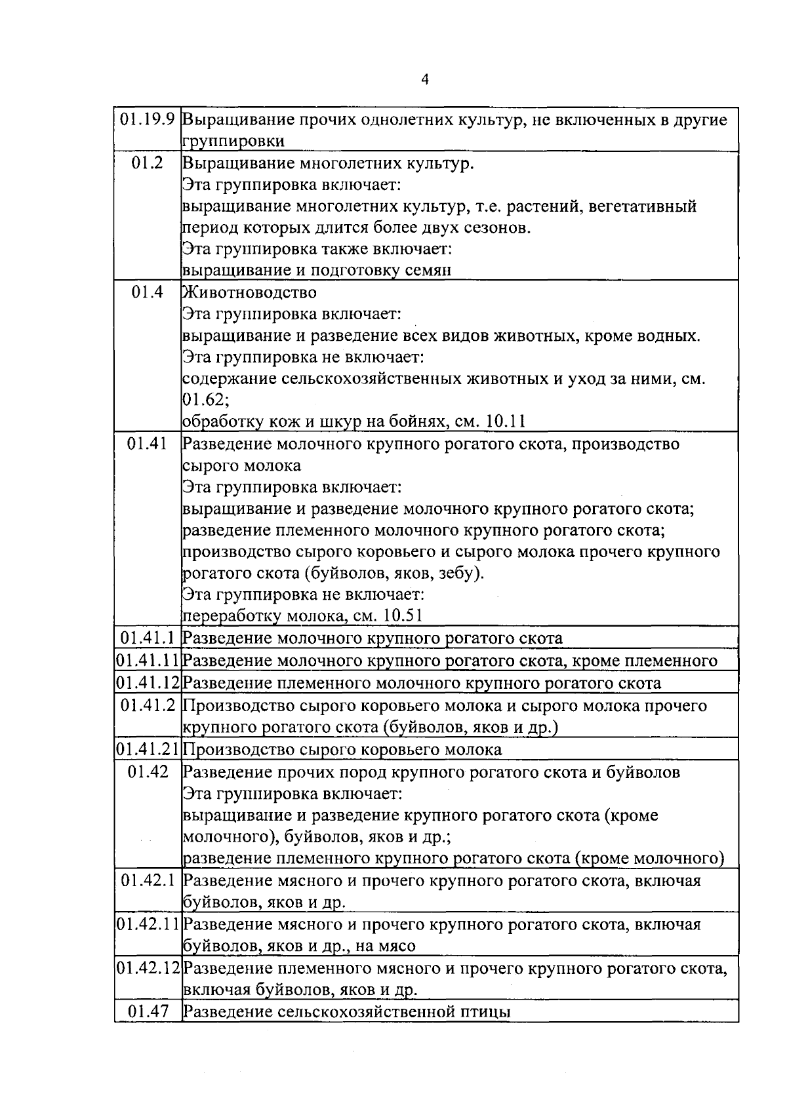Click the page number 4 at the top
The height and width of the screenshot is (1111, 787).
[424, 80]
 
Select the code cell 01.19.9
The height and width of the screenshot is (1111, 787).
[148, 121]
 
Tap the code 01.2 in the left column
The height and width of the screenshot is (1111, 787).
[147, 163]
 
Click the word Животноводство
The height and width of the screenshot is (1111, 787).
[250, 292]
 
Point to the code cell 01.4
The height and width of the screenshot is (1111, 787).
[147, 292]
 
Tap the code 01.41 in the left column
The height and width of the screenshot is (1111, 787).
[147, 444]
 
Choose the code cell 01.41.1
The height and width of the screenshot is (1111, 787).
[148, 638]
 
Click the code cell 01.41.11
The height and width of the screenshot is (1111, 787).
[148, 660]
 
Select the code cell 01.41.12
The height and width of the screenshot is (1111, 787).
[148, 683]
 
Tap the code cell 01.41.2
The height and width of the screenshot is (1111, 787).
[148, 706]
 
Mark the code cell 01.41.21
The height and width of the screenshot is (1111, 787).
[148, 749]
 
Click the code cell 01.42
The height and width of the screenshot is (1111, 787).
[148, 772]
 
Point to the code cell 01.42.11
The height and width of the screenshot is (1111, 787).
[148, 924]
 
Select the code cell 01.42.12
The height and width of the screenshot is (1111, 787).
[148, 967]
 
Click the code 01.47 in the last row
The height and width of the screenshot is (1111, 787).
[148, 1011]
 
